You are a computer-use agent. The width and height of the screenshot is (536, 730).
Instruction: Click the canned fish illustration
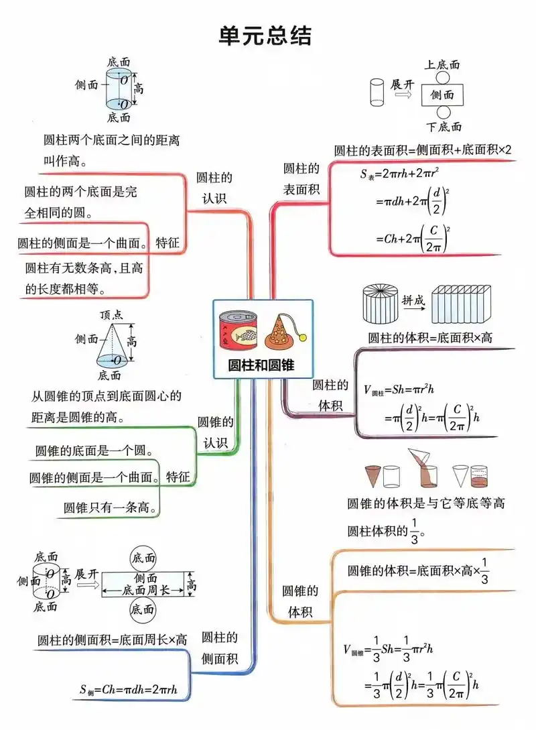(x=238, y=330)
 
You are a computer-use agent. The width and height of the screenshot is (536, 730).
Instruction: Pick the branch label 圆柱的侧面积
(x=220, y=648)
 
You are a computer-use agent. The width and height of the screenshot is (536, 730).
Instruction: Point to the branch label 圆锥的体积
(x=299, y=601)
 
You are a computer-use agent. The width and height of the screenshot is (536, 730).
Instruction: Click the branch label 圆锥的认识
(x=215, y=432)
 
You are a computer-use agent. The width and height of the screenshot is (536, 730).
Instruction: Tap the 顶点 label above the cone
(x=111, y=314)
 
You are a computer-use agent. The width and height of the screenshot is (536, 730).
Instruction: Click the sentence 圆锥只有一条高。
(x=111, y=507)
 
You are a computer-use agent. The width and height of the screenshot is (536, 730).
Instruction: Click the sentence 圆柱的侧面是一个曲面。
(x=82, y=243)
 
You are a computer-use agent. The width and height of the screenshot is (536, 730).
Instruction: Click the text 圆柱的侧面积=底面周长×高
(x=112, y=640)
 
